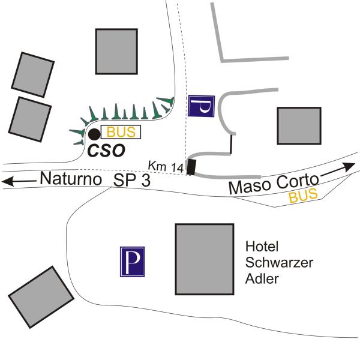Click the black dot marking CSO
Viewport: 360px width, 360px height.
click(94, 134)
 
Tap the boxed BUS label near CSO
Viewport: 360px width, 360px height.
click(121, 132)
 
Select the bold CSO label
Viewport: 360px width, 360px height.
click(107, 151)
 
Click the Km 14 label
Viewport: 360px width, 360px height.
click(166, 166)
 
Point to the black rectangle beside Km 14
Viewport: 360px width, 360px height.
click(191, 167)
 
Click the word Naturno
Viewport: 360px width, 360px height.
click(71, 179)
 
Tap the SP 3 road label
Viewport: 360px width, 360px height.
click(132, 180)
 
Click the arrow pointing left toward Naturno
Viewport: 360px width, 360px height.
click(19, 181)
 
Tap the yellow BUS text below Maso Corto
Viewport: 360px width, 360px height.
click(303, 196)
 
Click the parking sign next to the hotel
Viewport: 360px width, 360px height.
click(132, 262)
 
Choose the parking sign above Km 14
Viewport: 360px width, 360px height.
click(201, 106)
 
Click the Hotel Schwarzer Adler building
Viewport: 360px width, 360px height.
click(205, 259)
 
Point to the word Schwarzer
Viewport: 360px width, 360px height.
click(279, 262)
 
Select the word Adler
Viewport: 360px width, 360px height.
click(262, 279)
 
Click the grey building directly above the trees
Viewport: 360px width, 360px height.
click(116, 52)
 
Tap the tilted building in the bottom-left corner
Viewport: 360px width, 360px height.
click(41, 297)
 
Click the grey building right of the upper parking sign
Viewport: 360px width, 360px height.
click(299, 125)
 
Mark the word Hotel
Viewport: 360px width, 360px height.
click(262, 247)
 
